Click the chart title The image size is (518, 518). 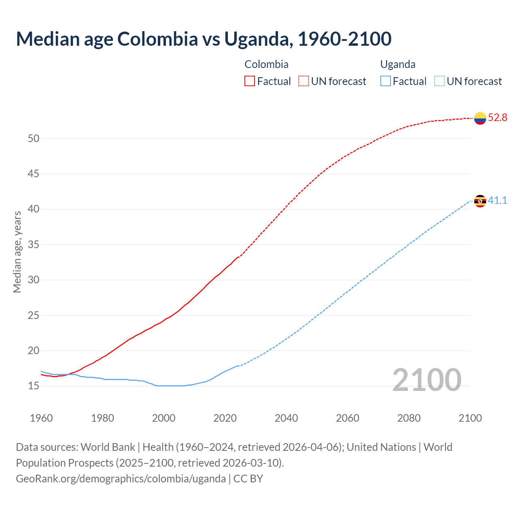point(204,39)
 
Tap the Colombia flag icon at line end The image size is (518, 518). point(480,118)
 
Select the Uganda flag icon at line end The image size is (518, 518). point(480,201)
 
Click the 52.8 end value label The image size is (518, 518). point(497,118)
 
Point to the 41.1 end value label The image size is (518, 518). point(497,200)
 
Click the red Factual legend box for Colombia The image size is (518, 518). point(250,81)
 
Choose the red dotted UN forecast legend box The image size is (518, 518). point(304,81)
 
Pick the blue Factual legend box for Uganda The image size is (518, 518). point(386,81)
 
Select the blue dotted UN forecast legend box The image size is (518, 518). point(439,81)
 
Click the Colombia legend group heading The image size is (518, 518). point(266,64)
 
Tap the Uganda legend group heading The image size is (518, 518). point(397,64)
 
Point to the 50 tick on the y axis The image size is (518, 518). point(34,139)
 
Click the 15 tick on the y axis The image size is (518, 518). point(34,386)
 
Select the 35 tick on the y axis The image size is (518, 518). point(34,245)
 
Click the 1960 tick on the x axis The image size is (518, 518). point(41,418)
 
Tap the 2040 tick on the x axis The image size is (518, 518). point(286,418)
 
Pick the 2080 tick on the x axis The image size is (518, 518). point(409,418)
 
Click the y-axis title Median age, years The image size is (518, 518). point(17,252)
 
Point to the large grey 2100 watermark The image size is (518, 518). point(427,380)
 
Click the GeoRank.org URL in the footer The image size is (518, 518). point(121,479)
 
